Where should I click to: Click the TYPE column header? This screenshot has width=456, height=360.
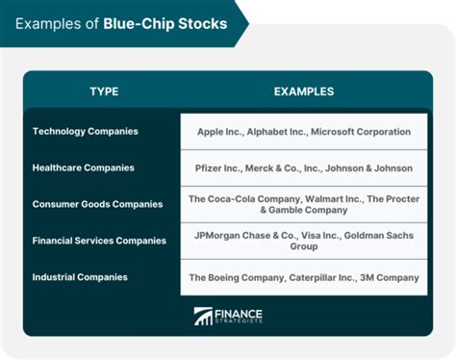click(x=104, y=91)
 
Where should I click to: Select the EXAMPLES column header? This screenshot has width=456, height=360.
click(x=304, y=91)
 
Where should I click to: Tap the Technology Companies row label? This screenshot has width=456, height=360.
click(x=85, y=131)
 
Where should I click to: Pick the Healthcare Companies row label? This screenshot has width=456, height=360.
click(x=83, y=167)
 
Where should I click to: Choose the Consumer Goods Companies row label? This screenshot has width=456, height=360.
click(x=97, y=204)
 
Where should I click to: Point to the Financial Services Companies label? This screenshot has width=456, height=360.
click(x=100, y=241)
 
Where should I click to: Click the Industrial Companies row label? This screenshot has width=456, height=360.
click(x=80, y=277)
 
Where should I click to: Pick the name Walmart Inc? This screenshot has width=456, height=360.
click(x=338, y=197)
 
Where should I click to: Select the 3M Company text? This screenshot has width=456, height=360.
click(x=392, y=277)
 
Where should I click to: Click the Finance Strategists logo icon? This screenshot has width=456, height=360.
click(x=203, y=316)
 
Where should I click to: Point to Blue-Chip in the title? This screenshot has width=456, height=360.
click(x=148, y=23)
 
